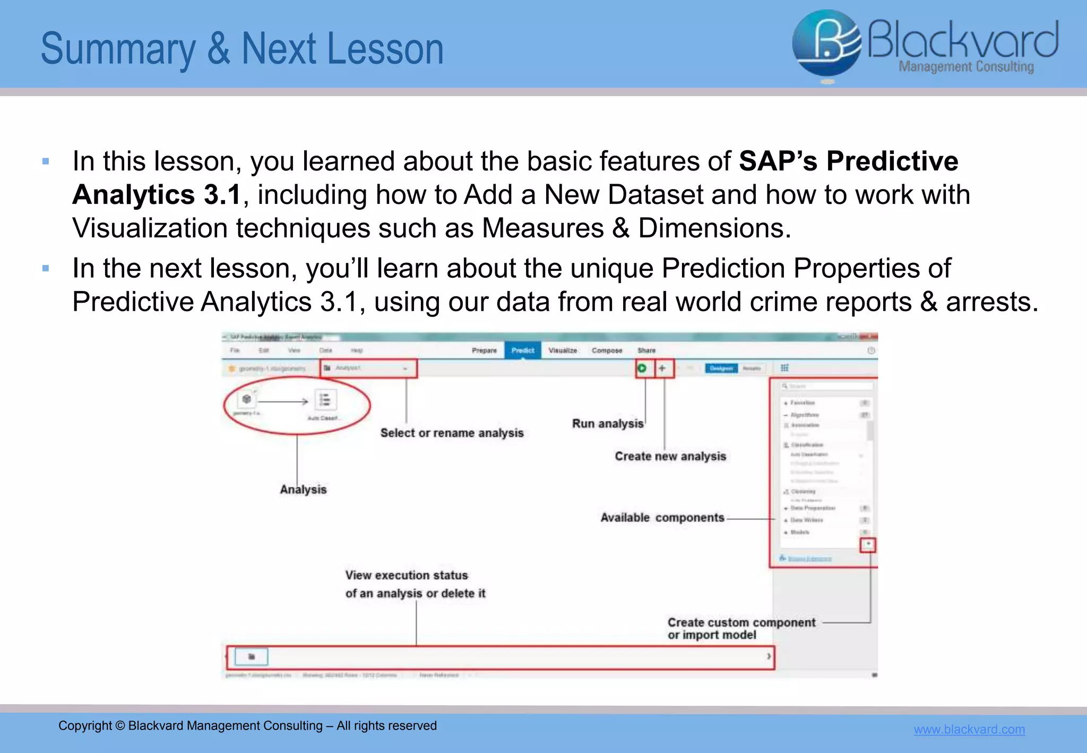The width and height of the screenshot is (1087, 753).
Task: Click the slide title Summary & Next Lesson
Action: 242,49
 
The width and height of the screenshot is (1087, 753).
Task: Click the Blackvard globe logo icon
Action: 826,44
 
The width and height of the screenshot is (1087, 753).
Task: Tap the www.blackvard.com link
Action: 969,729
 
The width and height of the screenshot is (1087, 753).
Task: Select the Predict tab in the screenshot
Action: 522,350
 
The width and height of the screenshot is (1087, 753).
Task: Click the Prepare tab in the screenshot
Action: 484,350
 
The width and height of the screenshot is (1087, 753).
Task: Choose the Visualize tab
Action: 563,350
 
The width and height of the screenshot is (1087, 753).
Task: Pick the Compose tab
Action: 607,350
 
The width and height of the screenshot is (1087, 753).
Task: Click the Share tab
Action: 646,350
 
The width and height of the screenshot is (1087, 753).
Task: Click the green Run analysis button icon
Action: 642,368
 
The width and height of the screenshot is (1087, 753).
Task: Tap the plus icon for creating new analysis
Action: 662,368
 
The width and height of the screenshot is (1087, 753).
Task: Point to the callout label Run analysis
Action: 607,424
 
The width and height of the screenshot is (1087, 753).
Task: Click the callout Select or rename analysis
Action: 452,433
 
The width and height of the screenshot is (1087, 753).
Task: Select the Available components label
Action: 662,518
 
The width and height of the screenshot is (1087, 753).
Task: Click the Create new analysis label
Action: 670,457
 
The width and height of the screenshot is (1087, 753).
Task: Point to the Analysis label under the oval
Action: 303,490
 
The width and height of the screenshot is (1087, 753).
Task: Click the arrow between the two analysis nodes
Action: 283,401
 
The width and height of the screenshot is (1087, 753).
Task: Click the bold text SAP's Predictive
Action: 848,161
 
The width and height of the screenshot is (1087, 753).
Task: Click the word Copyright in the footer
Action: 85,726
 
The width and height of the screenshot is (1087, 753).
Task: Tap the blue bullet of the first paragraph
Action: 46,161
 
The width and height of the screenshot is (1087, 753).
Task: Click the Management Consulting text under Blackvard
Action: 966,67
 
